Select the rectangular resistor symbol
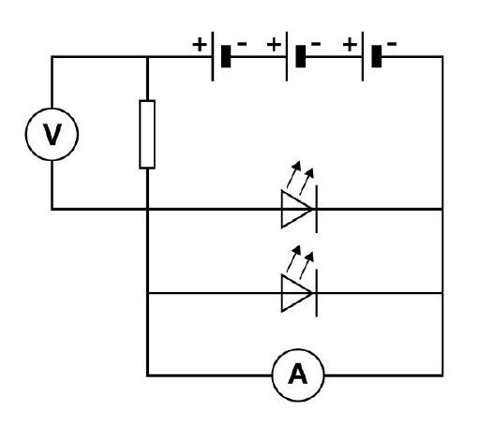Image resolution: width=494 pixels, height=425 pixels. pyautogui.click(x=140, y=134)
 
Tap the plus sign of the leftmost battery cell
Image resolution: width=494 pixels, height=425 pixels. pyautogui.click(x=200, y=44)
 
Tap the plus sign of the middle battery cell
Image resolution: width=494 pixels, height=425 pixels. pyautogui.click(x=274, y=44)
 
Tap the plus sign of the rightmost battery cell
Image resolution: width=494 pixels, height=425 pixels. pyautogui.click(x=350, y=44)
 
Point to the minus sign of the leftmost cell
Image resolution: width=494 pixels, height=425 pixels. pyautogui.click(x=242, y=43)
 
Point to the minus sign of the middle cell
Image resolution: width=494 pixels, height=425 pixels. pyautogui.click(x=316, y=43)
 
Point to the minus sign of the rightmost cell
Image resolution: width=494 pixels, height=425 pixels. pyautogui.click(x=392, y=43)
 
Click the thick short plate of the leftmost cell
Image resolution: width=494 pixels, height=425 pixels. pyautogui.click(x=226, y=56)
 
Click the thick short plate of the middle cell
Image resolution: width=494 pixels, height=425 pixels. pyautogui.click(x=301, y=56)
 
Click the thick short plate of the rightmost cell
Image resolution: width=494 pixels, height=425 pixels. pyautogui.click(x=377, y=56)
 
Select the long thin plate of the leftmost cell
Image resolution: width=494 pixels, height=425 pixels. pyautogui.click(x=213, y=56)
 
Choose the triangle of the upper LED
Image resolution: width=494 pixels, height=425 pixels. pyautogui.click(x=282, y=209)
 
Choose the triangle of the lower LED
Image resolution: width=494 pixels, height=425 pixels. pyautogui.click(x=282, y=293)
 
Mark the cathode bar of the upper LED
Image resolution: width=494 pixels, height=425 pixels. pyautogui.click(x=316, y=209)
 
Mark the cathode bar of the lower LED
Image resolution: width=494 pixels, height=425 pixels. pyautogui.click(x=316, y=293)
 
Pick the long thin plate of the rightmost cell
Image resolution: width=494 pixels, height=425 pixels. pyautogui.click(x=363, y=56)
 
